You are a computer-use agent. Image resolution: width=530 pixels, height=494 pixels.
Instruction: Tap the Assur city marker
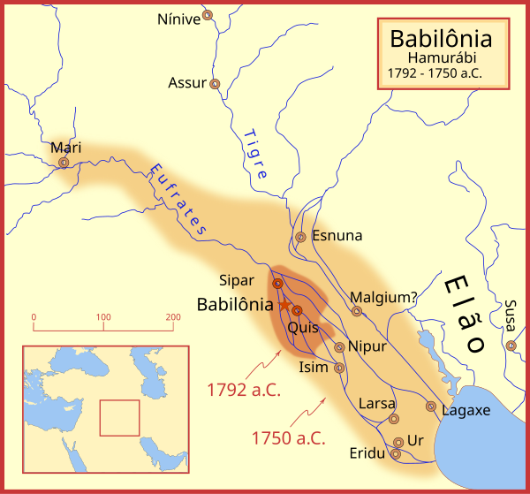[215, 83]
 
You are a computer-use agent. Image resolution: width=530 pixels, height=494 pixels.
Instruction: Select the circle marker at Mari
[64, 163]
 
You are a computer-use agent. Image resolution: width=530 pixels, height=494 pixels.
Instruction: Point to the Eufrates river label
[178, 199]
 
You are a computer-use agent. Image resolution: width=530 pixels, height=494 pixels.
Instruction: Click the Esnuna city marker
[300, 237]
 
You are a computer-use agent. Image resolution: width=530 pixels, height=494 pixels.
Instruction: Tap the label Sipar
[238, 280]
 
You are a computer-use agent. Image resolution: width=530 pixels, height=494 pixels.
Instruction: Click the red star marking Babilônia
[285, 303]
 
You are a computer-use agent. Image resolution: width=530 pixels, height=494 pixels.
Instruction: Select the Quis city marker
[297, 310]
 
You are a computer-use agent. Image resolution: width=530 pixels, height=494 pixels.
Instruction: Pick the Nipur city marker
[339, 346]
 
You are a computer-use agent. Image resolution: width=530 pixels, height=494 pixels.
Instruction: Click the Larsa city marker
[394, 420]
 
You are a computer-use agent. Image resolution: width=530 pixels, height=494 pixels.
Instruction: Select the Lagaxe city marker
[430, 407]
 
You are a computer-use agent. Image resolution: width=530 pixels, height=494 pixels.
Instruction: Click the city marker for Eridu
[395, 454]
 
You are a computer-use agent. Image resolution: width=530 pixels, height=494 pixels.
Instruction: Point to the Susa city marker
[511, 345]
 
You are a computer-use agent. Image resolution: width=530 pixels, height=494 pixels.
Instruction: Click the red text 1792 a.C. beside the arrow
[244, 389]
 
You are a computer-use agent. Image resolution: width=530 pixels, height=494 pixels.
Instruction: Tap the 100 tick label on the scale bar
[103, 316]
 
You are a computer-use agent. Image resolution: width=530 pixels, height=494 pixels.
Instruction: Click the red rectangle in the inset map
[119, 418]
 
